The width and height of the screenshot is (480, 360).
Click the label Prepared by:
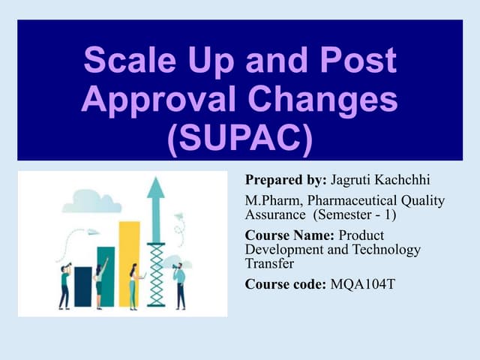click(286, 181)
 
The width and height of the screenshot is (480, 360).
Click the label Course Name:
click(291, 235)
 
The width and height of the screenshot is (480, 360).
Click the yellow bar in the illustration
click(129, 262)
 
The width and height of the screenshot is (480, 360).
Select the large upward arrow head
click(156, 188)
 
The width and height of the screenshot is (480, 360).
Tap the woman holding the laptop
click(134, 286)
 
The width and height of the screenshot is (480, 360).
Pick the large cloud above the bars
click(93, 201)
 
